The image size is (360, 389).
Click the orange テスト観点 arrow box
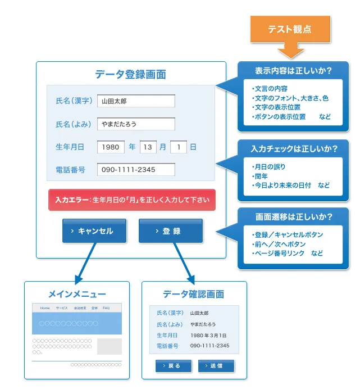tap(290, 29)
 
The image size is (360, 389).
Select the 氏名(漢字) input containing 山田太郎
tap(135, 101)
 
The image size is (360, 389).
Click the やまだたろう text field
tap(135, 124)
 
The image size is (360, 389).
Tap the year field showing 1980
tap(111, 147)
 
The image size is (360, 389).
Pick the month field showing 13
tap(147, 147)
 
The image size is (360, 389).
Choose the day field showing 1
tap(178, 147)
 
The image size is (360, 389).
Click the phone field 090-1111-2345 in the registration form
tap(135, 170)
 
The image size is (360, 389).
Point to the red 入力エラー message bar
tap(132, 200)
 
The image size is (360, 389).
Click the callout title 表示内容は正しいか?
tap(293, 71)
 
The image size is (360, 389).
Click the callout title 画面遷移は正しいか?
tap(294, 217)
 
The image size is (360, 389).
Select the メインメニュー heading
tap(77, 294)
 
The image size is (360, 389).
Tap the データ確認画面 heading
tap(194, 294)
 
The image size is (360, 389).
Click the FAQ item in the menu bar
tap(106, 308)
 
